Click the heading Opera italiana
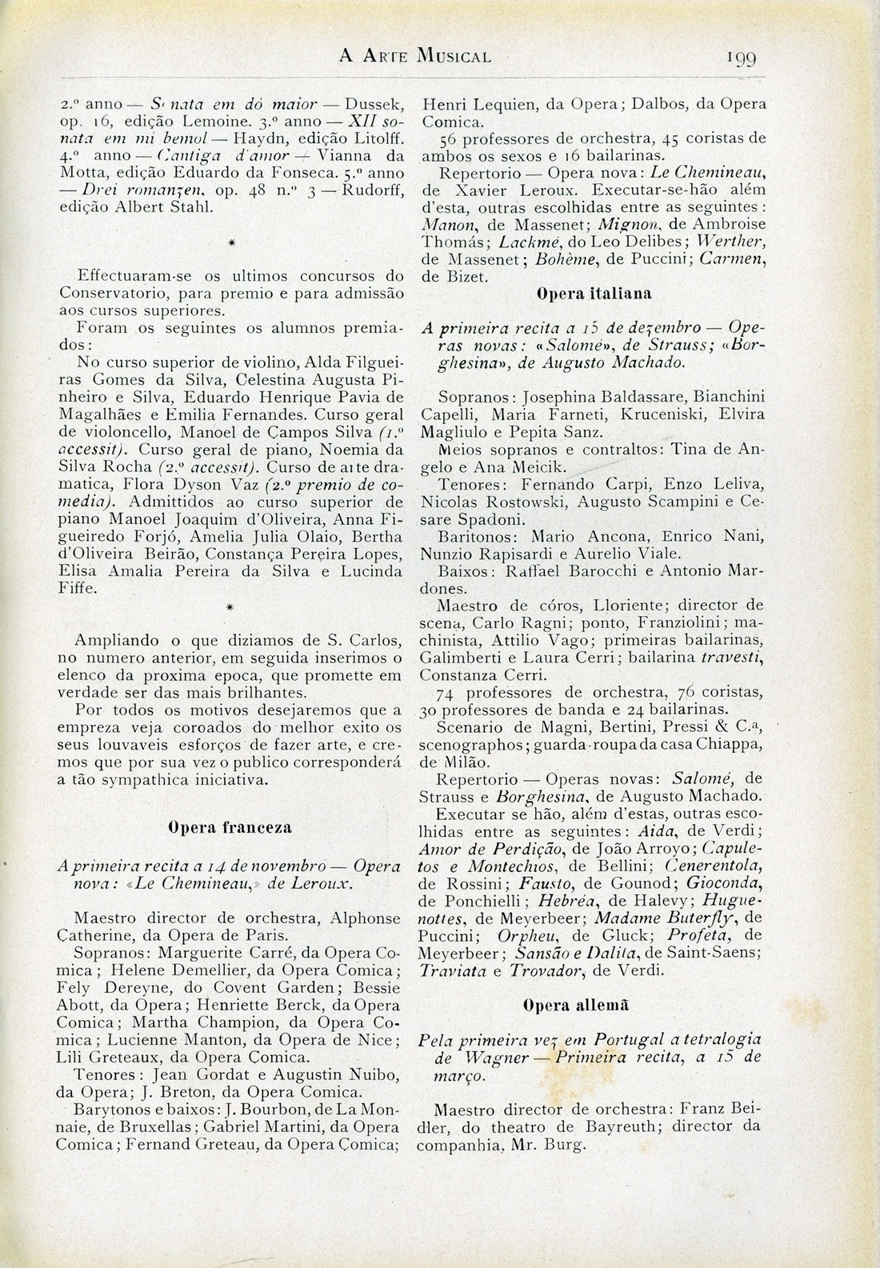tap(592, 294)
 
